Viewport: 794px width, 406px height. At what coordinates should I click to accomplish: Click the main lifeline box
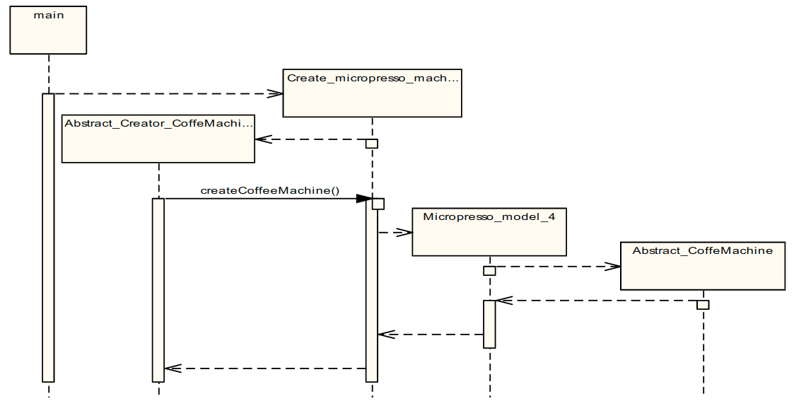point(48,30)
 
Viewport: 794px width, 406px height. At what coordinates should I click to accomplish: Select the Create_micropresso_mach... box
point(372,93)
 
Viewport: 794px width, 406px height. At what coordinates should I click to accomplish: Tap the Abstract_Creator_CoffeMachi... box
point(158,138)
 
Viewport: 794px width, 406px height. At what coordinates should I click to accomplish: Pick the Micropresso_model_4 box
point(489,231)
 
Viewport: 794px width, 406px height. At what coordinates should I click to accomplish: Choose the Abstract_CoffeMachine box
point(702,265)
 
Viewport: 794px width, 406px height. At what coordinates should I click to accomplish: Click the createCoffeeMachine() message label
point(270,190)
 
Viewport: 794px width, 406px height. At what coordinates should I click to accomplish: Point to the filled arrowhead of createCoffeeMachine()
point(363,199)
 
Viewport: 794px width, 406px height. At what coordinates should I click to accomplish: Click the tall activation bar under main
point(48,237)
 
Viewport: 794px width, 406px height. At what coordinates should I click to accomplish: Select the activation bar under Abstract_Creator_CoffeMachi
point(158,290)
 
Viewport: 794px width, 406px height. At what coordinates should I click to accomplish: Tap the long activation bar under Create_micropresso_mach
point(372,297)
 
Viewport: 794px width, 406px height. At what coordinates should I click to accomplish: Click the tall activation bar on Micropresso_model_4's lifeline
point(489,324)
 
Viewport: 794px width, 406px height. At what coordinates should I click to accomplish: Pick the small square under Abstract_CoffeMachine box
point(703,305)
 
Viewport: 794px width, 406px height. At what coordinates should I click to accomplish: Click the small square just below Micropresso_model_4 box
point(489,271)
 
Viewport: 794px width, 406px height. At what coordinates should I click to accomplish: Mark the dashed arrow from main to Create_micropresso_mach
point(163,93)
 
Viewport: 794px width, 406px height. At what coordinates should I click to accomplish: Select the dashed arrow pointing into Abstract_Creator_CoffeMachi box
point(311,139)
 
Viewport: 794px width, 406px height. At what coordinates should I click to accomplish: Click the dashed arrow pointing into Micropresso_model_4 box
point(396,232)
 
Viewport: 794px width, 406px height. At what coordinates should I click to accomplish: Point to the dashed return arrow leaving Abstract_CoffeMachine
point(597,301)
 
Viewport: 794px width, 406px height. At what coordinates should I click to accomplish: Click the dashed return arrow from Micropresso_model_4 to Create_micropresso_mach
point(431,335)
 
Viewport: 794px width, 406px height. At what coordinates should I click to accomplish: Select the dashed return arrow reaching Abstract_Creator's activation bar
point(265,369)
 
